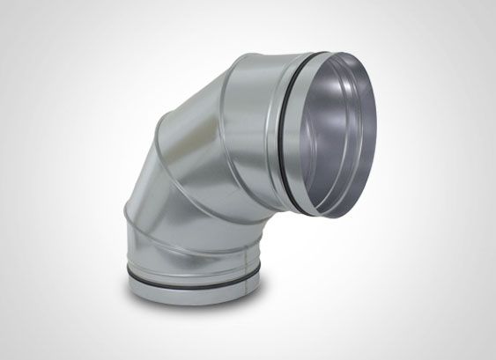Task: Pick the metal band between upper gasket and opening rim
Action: pos(308,132)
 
